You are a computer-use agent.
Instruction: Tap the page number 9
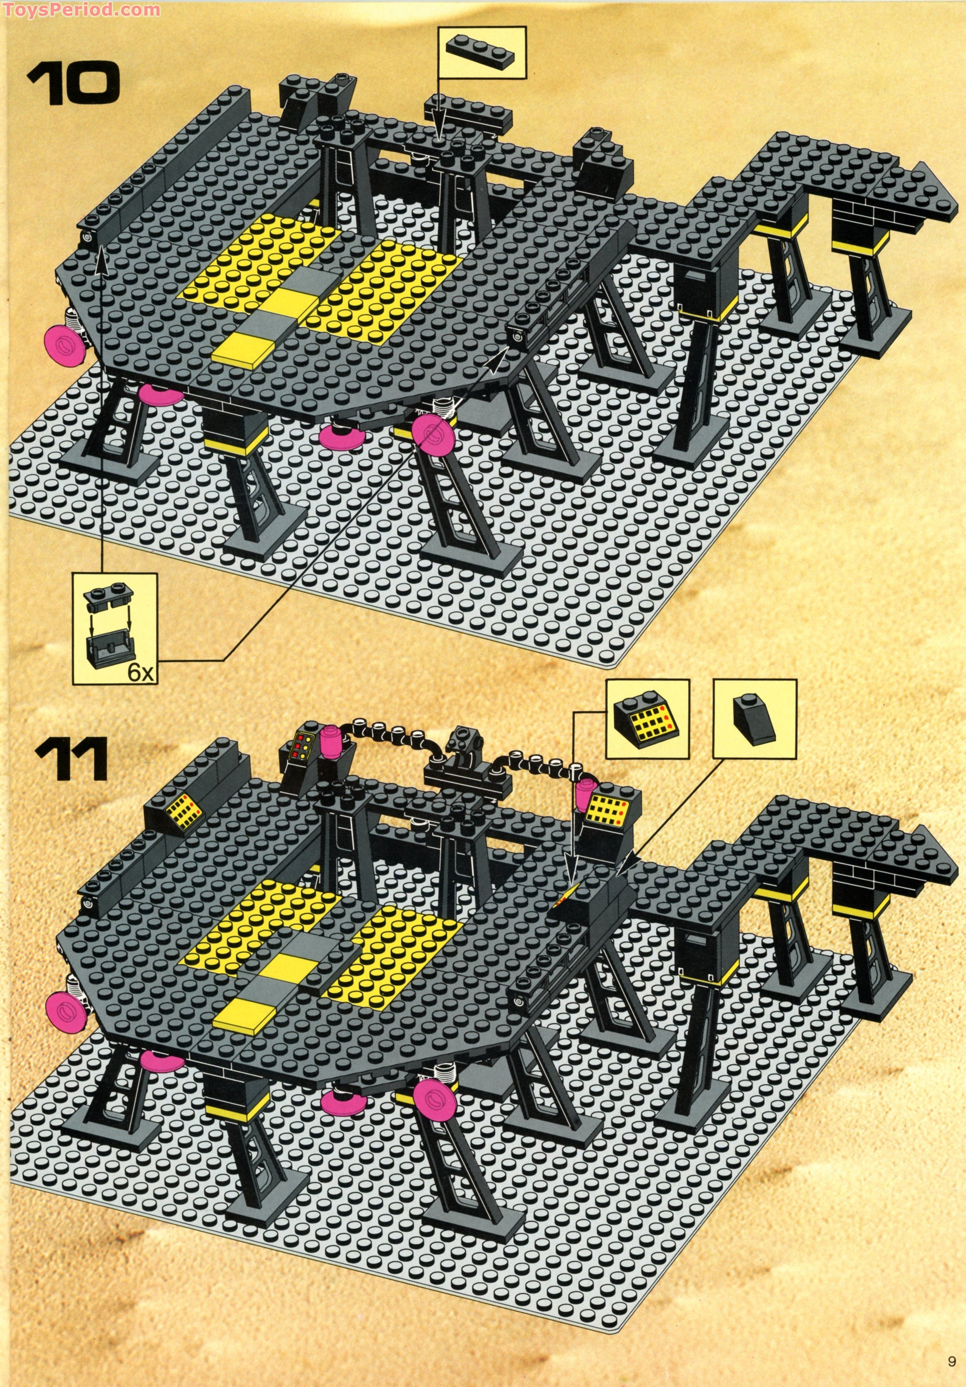[951, 1373]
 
